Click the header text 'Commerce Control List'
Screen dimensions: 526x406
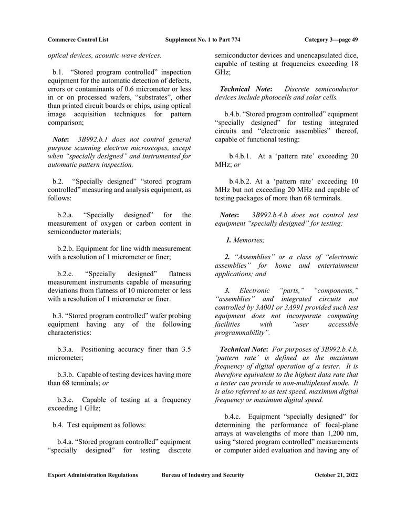(x=78, y=39)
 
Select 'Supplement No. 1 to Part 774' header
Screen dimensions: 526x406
(x=202, y=39)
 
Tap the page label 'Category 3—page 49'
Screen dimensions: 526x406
(x=331, y=39)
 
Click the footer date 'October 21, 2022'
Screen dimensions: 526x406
(x=336, y=475)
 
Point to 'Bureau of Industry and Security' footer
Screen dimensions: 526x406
(x=203, y=475)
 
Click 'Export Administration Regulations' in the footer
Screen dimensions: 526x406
(x=93, y=475)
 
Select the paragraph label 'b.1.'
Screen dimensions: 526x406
(x=58, y=71)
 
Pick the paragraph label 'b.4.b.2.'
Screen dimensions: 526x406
(x=241, y=181)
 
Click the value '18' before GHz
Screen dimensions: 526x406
(x=353, y=63)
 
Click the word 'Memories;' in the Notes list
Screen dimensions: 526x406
(x=249, y=240)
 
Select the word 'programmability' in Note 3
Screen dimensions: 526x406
(x=242, y=333)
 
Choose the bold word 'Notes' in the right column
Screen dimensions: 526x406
(x=229, y=215)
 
